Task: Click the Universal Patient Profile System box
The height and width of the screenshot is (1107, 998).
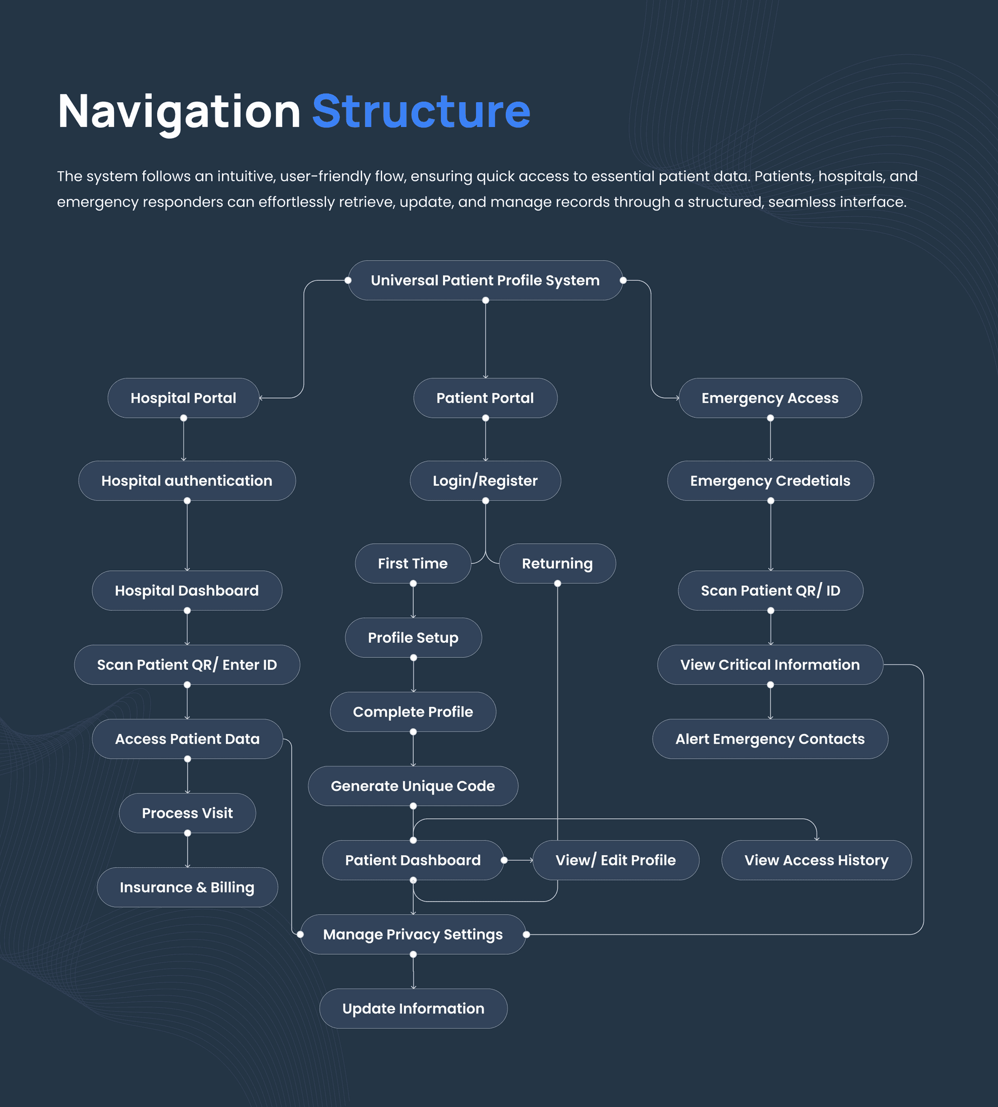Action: [x=485, y=281]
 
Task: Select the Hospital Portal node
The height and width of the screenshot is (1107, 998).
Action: [x=183, y=398]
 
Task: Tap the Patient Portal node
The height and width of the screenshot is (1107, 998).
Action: [x=485, y=398]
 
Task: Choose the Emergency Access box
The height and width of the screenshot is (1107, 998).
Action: [x=770, y=398]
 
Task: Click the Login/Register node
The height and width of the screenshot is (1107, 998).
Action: [x=485, y=481]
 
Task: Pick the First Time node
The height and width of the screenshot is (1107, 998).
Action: [x=413, y=563]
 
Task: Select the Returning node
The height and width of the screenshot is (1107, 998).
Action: [x=557, y=563]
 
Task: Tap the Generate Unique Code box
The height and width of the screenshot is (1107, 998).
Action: [x=413, y=785]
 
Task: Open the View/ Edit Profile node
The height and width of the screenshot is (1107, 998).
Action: [x=616, y=860]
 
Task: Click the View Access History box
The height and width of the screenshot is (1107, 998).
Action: [x=816, y=860]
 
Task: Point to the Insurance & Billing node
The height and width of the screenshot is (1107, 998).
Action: [x=187, y=887]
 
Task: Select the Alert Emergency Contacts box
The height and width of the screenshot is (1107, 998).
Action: [x=770, y=739]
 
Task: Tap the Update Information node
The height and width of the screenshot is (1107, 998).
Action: [x=413, y=1008]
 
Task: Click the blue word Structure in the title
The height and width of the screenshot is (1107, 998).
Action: [x=421, y=111]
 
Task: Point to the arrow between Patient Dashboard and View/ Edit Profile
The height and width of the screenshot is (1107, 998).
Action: [x=519, y=860]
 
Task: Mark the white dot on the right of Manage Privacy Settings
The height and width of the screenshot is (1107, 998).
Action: [x=526, y=934]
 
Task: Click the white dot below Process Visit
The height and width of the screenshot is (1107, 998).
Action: [x=187, y=833]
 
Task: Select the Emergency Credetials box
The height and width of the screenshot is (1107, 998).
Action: [x=770, y=481]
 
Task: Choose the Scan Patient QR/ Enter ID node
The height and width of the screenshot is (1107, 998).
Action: [x=187, y=664]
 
